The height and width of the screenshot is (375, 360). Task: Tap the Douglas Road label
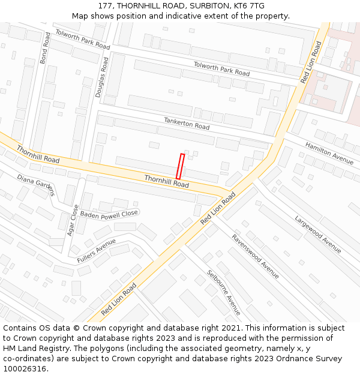pos(101,77)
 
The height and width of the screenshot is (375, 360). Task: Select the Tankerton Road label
pos(187,124)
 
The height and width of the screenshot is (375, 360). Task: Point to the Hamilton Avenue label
pos(329,153)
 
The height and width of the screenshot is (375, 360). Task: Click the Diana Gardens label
pos(36,185)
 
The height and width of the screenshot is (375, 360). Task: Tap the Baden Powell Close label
pos(109,214)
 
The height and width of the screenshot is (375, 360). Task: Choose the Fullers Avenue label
pos(97,251)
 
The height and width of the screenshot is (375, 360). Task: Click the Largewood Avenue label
pos(317,234)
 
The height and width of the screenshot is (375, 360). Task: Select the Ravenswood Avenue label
pos(256,256)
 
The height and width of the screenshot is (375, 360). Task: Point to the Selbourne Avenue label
pos(224,292)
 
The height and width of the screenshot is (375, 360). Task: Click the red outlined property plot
pos(180,166)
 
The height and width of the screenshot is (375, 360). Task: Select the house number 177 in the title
pos(104,6)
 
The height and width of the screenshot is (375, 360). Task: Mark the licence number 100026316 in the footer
pos(24,369)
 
